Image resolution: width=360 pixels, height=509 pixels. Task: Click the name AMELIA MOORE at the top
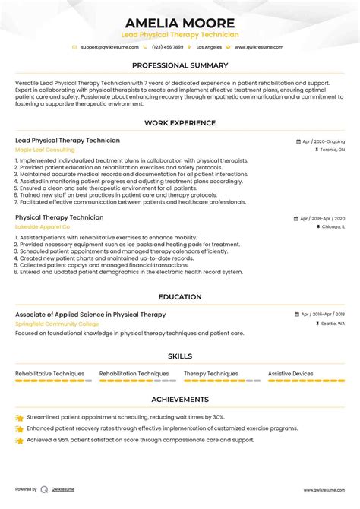[180, 23]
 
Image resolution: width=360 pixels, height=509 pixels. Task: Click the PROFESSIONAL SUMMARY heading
[180, 66]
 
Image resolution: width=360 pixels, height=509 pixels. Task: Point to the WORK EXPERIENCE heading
[180, 123]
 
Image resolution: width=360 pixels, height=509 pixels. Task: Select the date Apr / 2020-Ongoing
[323, 141]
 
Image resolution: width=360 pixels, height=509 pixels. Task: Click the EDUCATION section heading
[180, 297]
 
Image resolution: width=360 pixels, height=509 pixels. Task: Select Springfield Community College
[57, 324]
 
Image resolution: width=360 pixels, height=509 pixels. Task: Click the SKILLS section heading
[180, 356]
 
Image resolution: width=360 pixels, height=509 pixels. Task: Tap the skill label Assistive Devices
[290, 374]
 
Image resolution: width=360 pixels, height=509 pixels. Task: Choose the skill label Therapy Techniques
[210, 374]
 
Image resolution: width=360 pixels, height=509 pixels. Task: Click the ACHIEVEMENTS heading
[180, 399]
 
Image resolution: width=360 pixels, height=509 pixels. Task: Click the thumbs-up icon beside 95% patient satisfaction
[19, 441]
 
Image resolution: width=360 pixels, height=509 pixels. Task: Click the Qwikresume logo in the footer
[46, 490]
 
